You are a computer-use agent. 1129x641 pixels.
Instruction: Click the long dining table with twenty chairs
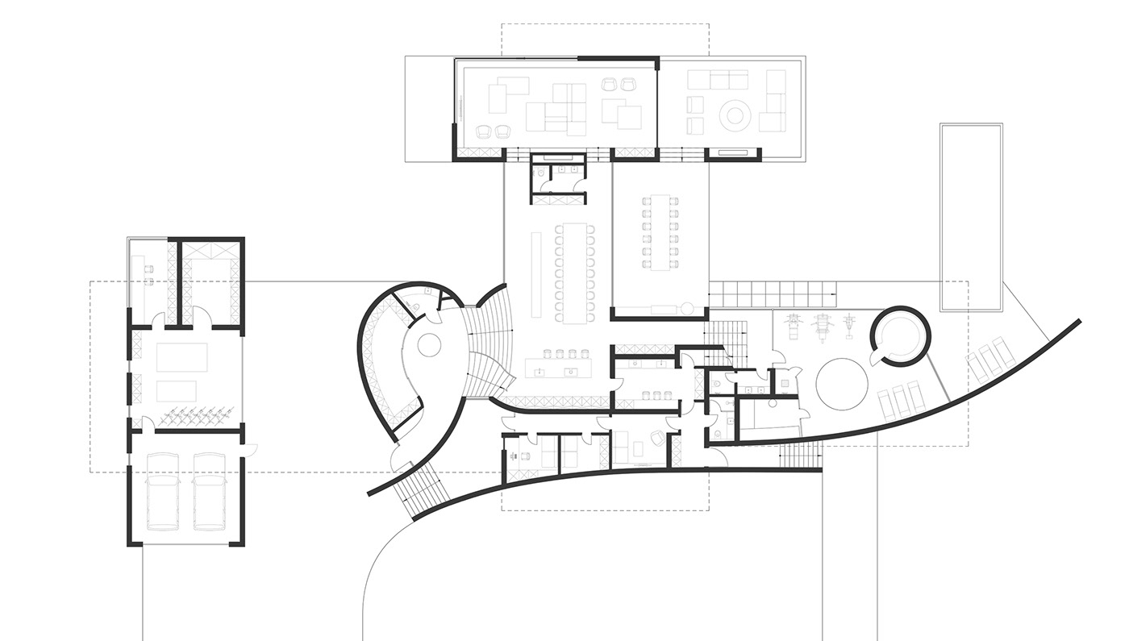(577, 273)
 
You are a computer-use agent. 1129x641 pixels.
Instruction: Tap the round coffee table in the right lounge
(735, 115)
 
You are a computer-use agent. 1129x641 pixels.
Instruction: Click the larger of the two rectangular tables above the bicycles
(182, 356)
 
